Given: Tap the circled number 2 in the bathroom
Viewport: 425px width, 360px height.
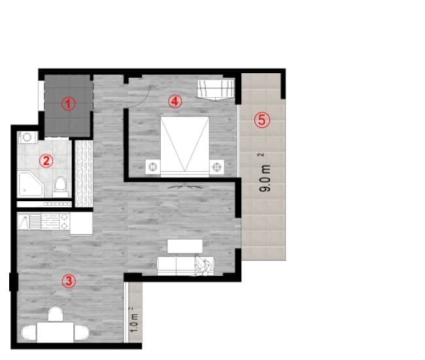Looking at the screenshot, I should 45,159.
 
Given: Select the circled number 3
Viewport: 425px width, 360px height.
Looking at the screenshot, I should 68,281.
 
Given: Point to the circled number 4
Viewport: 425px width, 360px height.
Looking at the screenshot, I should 173,101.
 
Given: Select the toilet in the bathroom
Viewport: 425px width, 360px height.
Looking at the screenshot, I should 60,186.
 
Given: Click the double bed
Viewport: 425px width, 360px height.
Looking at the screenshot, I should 185,146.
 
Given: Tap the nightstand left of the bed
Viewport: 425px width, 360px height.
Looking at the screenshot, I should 152,166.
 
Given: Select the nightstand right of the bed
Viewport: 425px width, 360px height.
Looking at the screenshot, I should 217,166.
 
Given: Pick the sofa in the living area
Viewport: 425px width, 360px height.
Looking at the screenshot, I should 180,265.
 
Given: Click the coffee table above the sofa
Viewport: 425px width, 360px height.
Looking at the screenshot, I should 185,246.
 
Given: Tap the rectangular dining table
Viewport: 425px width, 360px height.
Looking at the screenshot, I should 55,333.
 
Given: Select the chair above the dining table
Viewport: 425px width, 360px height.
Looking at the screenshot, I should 56,314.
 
